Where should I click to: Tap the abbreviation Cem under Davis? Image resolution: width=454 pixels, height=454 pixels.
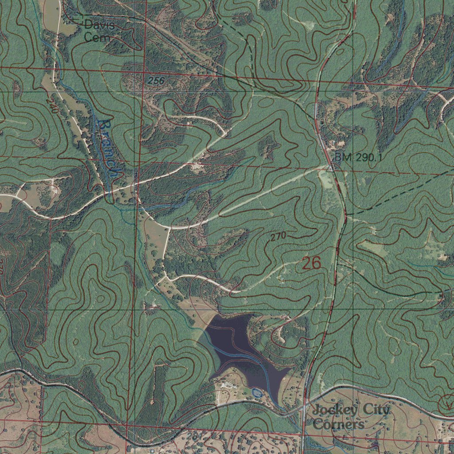[97, 38]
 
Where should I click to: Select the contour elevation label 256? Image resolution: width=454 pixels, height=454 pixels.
[156, 81]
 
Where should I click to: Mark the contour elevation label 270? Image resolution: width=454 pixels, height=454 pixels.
[278, 236]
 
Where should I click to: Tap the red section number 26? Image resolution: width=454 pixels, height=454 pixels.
[311, 263]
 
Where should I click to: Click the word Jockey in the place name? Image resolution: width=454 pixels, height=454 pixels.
[334, 410]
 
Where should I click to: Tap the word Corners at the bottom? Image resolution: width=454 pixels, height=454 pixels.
[339, 424]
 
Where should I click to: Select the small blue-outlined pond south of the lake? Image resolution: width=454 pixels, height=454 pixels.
[256, 392]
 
